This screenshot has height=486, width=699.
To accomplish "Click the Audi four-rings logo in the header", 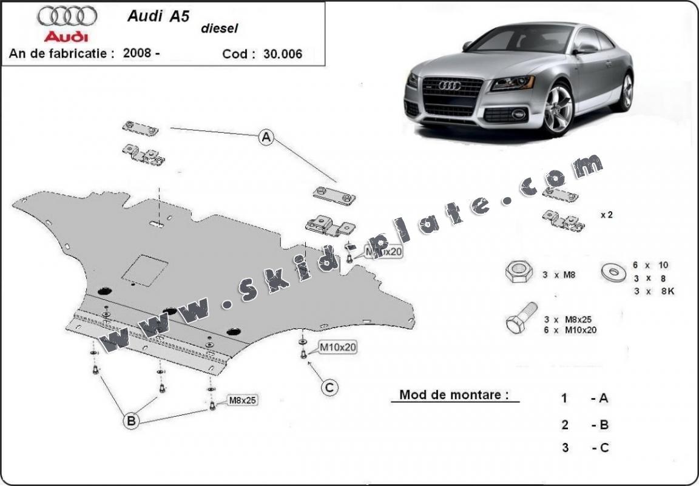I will coord(66,16).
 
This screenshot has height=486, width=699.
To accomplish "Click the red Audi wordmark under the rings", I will coord(66,36).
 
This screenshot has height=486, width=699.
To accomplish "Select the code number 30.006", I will coord(283,53).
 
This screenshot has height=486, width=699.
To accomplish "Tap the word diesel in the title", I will coord(220,28).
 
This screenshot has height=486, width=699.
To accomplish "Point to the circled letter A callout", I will coord(265,138).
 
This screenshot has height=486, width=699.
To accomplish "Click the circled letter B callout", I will coord(132,420).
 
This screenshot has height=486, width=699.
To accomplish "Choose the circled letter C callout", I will coord(329,387).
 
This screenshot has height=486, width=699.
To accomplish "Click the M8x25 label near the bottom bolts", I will coord(242,400).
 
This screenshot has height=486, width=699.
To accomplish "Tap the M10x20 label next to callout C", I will coord(338,347).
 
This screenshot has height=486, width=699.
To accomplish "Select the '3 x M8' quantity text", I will coord(559,275).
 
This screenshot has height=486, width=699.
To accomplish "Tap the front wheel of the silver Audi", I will coord(558,109).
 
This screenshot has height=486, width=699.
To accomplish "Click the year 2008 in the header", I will coord(137,53).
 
